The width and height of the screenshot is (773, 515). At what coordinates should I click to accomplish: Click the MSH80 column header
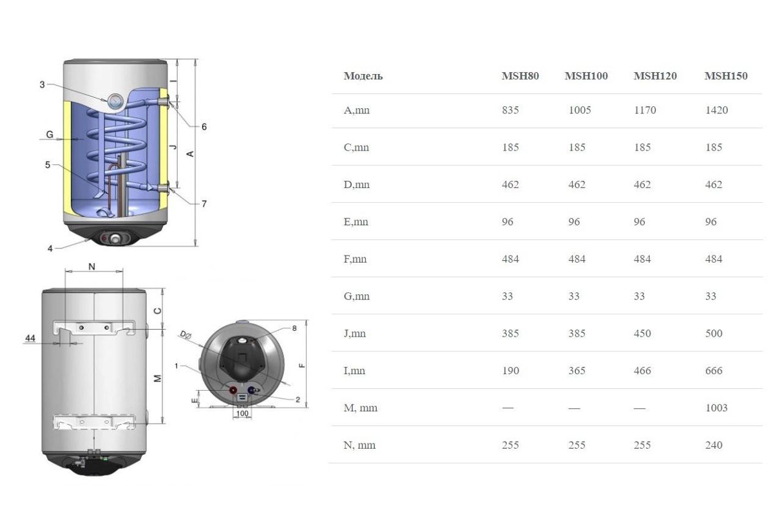point(520,76)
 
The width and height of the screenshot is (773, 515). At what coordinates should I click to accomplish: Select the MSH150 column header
point(726,76)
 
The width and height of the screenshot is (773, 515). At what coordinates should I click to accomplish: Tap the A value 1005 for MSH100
point(580,110)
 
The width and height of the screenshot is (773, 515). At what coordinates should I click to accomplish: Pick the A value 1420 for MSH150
point(716,110)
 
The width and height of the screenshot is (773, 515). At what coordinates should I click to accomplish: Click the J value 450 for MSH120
point(642,333)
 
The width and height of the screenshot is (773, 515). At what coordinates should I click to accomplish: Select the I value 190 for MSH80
point(510,370)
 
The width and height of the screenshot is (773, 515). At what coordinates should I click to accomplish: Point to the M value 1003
point(716,407)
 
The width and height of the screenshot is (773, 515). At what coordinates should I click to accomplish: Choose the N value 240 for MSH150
point(714,445)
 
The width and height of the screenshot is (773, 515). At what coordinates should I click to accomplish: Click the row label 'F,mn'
point(355,259)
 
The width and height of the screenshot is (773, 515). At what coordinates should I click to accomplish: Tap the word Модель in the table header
point(363,76)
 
